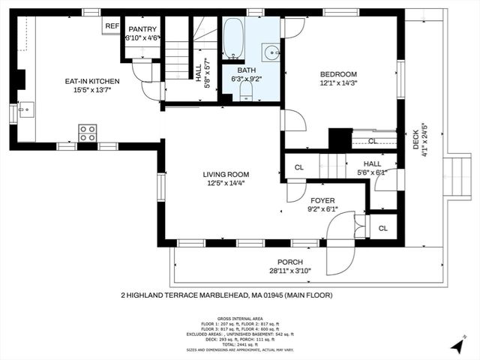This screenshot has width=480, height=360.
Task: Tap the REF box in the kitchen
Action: point(112,25)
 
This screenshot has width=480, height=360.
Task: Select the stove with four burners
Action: point(87,133)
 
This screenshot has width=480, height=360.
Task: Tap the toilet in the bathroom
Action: point(245,91)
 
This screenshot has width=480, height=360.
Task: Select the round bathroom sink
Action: point(270,51)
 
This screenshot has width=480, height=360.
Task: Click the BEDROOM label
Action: point(339,73)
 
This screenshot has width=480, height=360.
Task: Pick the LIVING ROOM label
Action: point(224,172)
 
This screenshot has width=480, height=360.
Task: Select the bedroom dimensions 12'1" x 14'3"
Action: point(340,83)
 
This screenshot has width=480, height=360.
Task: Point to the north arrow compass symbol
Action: point(457,346)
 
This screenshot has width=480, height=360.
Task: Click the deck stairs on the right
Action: point(454,177)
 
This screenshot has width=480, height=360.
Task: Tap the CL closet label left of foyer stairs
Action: point(298,167)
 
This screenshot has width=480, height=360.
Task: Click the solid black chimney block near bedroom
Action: point(340,139)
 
